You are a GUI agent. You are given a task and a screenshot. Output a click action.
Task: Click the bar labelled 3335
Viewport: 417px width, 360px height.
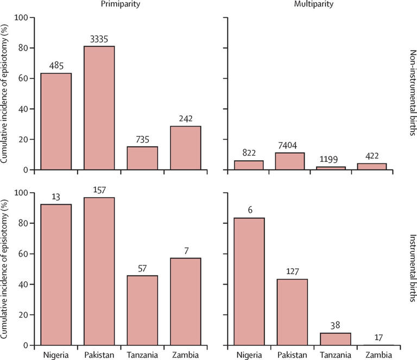tap(99, 108)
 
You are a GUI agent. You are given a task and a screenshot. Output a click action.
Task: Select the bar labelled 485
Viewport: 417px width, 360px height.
tap(56, 122)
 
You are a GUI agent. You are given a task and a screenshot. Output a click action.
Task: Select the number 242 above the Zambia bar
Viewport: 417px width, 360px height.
tap(185, 119)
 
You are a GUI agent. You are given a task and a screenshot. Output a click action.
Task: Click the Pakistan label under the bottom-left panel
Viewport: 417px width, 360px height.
tap(99, 355)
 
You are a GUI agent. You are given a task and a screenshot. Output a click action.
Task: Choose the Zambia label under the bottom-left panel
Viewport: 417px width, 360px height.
tap(185, 355)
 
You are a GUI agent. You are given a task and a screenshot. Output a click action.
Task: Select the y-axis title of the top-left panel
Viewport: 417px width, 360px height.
tap(6, 93)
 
